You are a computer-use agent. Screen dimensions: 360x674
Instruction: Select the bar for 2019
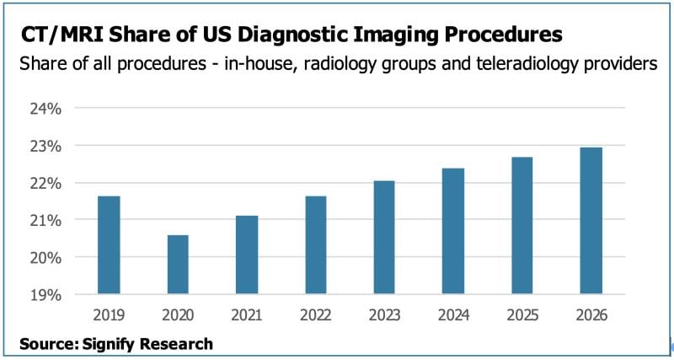[x=109, y=245]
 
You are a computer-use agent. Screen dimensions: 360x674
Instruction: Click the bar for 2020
[x=178, y=265]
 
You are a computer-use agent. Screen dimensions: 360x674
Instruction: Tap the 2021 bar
[x=247, y=255]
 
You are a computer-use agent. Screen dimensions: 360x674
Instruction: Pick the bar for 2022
[x=315, y=245]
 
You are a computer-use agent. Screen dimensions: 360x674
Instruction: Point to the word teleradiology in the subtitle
[x=515, y=64]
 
